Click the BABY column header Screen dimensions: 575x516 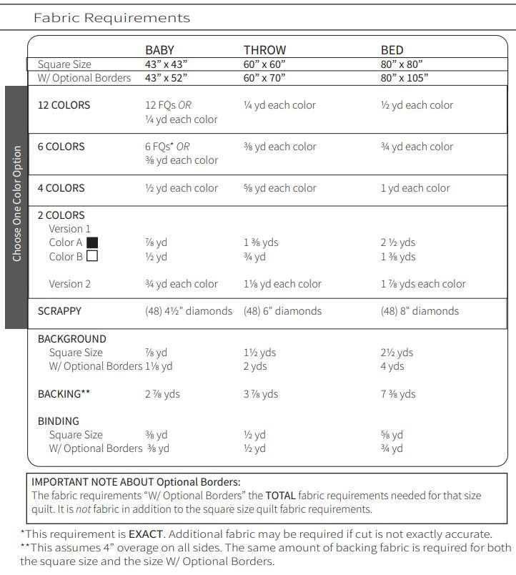[159, 50]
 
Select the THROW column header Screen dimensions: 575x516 [264, 50]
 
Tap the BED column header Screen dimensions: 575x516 [392, 50]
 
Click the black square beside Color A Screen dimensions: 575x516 [91, 242]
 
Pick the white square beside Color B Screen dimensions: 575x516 [91, 256]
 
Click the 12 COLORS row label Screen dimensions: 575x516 [64, 105]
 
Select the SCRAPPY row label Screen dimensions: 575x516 [59, 311]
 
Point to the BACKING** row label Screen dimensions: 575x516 [64, 394]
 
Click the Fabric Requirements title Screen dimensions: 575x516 [111, 18]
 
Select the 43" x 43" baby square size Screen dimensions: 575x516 [167, 64]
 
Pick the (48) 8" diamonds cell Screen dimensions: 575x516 [420, 311]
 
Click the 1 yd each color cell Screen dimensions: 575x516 [415, 188]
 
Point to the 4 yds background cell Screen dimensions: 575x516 [392, 366]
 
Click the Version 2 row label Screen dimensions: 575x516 [69, 284]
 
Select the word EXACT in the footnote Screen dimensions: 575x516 [147, 534]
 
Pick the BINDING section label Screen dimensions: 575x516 [58, 421]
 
